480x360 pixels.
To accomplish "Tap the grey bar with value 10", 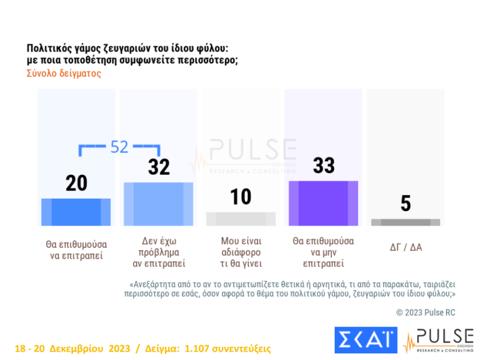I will (241, 219).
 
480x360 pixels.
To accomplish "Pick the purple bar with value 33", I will (323, 203).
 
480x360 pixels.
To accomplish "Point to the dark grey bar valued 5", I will (406, 222).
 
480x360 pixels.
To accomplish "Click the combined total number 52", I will (120, 147).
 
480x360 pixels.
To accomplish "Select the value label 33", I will (323, 166).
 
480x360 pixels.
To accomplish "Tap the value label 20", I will (76, 184).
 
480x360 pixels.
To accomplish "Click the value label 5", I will (406, 204).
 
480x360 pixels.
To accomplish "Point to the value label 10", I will (241, 197).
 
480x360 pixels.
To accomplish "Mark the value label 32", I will (159, 167).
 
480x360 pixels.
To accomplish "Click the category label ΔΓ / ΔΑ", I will (406, 247).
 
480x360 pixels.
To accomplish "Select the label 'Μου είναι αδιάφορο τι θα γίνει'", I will (241, 252).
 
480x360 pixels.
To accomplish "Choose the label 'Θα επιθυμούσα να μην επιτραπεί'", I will (323, 252).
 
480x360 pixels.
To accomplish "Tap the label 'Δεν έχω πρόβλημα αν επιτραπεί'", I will (158, 252).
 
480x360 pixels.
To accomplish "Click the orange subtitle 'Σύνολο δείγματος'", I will (64, 74).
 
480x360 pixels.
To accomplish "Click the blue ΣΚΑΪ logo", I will (365, 340).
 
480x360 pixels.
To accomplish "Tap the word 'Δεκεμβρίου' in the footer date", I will (79, 349).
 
